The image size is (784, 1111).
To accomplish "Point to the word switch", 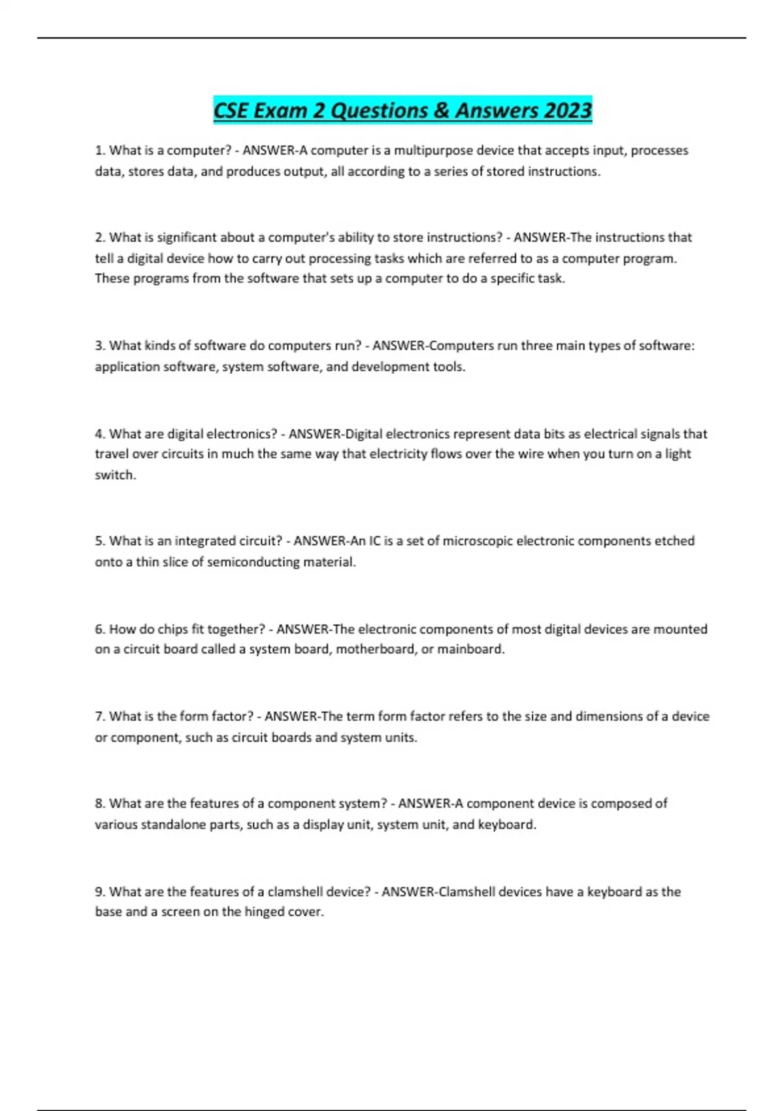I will [x=114, y=475].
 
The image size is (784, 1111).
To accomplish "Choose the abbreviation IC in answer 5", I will [x=375, y=541].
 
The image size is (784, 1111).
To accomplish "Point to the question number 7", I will [x=100, y=716].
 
